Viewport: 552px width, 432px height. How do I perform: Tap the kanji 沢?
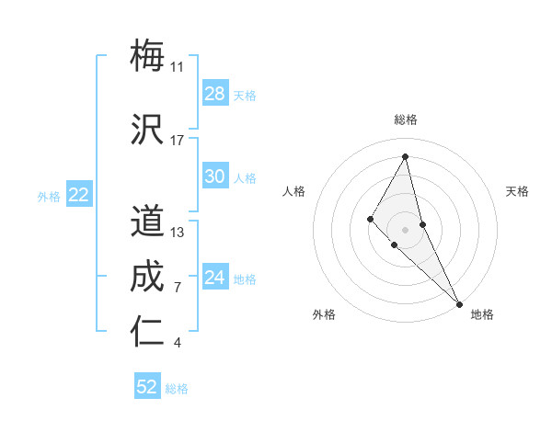point(147,129)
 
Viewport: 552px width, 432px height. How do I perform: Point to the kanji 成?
point(147,278)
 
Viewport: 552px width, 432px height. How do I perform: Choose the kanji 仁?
point(147,332)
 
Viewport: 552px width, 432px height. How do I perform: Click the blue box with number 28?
point(215,94)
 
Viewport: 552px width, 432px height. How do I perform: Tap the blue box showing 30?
point(215,176)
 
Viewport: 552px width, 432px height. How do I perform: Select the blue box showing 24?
point(215,278)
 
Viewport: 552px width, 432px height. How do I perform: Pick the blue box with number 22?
point(79,195)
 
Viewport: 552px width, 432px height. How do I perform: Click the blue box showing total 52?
point(147,387)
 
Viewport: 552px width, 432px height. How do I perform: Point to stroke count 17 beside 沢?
point(178,141)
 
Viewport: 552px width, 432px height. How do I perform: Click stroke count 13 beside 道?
point(178,233)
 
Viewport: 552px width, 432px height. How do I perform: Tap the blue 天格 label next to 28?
point(244,95)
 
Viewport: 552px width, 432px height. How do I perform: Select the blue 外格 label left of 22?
point(49,196)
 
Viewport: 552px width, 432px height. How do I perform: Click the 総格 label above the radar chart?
point(406,119)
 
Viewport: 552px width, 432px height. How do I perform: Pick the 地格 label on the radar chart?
point(482,314)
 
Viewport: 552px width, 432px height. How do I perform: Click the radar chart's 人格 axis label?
point(293,191)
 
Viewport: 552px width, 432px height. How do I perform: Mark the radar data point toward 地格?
point(458,303)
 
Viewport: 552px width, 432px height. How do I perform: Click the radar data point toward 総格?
point(406,156)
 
